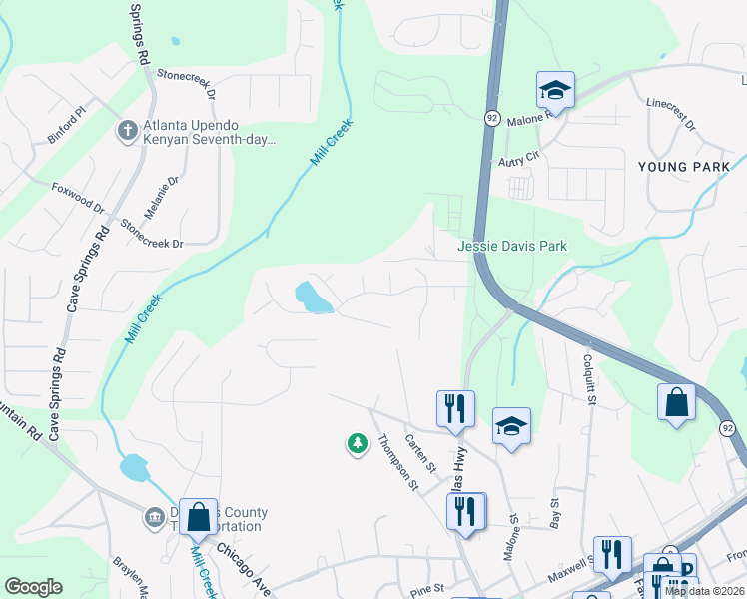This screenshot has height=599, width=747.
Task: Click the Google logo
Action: click(x=33, y=587)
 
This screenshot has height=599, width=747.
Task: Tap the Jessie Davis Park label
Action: click(x=512, y=246)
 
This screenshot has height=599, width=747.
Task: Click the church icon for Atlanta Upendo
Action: click(x=127, y=131)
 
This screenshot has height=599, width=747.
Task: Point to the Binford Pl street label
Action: click(x=68, y=129)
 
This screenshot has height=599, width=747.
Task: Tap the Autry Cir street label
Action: click(x=518, y=158)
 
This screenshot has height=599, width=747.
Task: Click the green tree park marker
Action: click(x=357, y=443)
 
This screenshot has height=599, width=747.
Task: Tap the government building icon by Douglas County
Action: click(x=155, y=517)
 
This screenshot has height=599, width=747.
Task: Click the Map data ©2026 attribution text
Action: click(x=704, y=591)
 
